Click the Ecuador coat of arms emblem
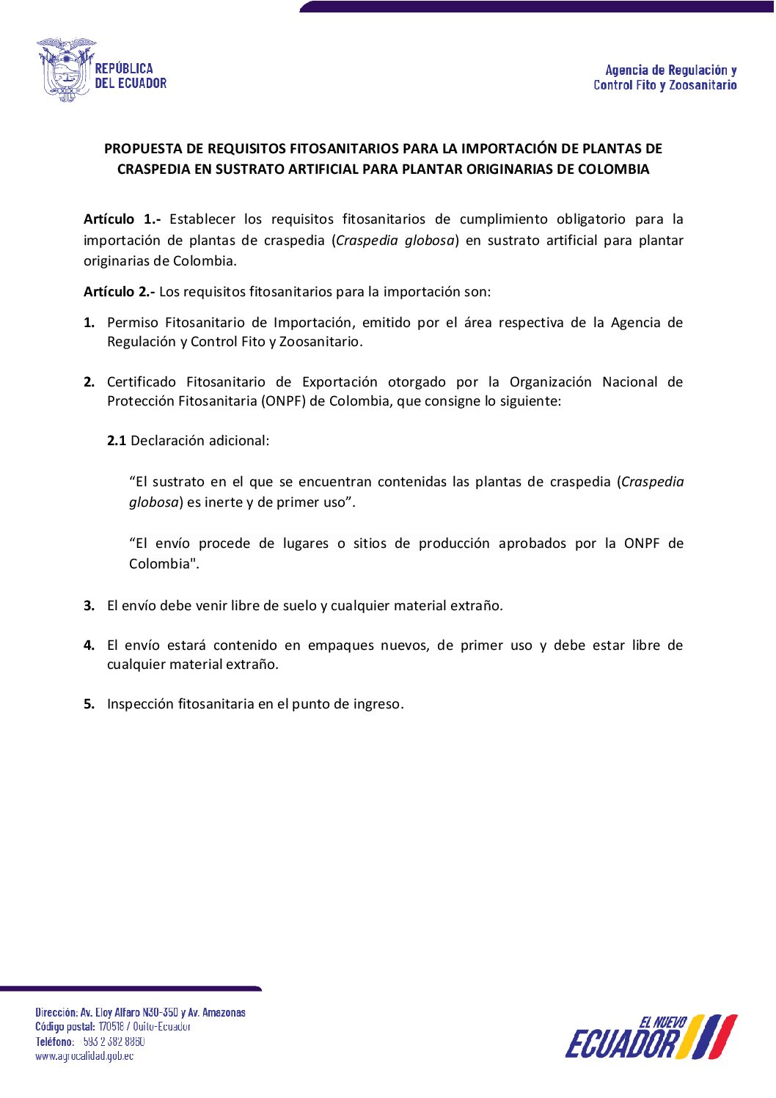[66, 70]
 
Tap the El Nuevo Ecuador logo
[651, 1037]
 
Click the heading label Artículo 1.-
[122, 219]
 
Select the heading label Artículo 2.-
[119, 292]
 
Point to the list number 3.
[89, 606]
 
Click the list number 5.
[89, 704]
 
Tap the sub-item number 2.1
[117, 441]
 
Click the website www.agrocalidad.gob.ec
[84, 1056]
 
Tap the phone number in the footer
[114, 1042]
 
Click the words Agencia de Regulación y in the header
[670, 70]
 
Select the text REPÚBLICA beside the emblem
[124, 69]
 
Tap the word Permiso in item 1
[133, 323]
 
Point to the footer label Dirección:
[56, 1013]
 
